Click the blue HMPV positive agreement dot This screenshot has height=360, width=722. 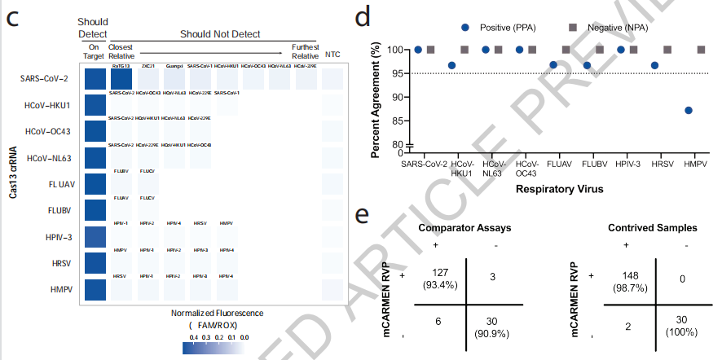(689, 110)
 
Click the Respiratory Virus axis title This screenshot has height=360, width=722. (557, 189)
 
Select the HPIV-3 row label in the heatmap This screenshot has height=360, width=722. (59, 238)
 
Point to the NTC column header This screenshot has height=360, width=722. (332, 55)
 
